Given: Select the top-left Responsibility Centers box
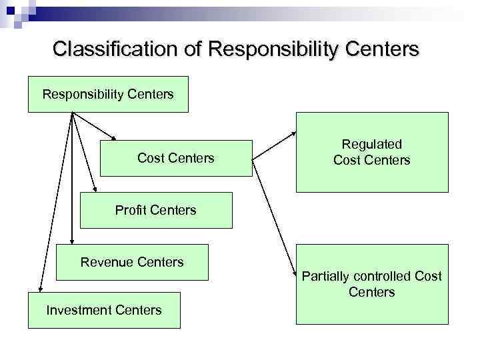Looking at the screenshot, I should [x=108, y=94].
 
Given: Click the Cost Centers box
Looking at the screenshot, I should [x=176, y=158].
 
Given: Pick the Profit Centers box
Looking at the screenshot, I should [x=156, y=211].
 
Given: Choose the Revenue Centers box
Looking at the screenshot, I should [x=132, y=262].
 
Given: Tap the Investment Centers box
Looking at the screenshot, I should [x=104, y=310].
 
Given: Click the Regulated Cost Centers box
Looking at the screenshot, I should [x=372, y=153].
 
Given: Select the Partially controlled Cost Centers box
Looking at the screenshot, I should [x=372, y=284].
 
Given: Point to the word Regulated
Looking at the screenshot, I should [x=372, y=144].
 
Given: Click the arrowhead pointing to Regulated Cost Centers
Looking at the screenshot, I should [x=294, y=133].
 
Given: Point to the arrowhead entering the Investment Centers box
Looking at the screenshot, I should [x=40, y=289].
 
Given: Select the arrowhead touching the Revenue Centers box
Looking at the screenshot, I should [x=71, y=242].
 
